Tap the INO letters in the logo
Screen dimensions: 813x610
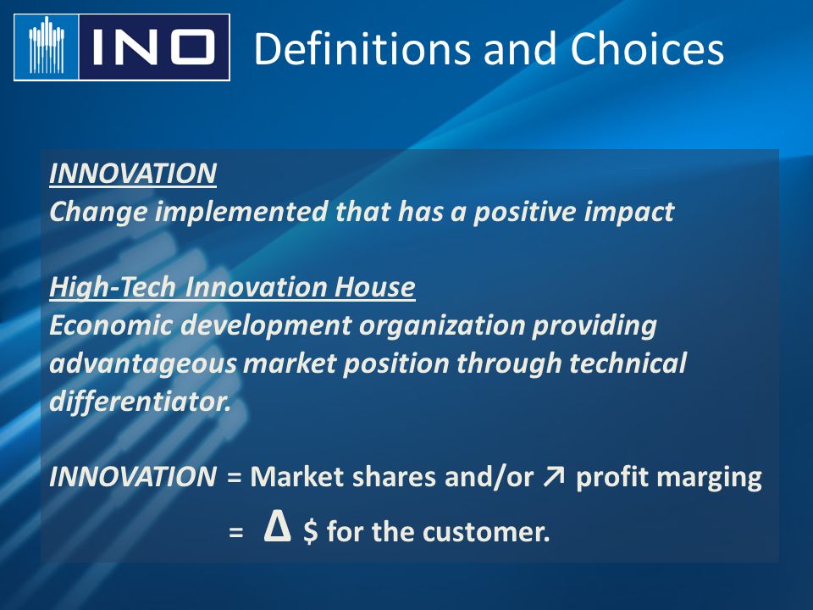point(153,47)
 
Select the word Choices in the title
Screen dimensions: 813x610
point(646,49)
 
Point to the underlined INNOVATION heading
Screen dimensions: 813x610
point(133,173)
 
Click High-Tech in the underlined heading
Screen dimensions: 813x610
point(113,287)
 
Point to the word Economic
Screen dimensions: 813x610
point(111,325)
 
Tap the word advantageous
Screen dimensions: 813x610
point(143,363)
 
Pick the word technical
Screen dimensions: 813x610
point(628,363)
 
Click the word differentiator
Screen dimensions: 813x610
point(140,401)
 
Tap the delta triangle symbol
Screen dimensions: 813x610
point(277,526)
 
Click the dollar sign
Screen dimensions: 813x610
point(311,532)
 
